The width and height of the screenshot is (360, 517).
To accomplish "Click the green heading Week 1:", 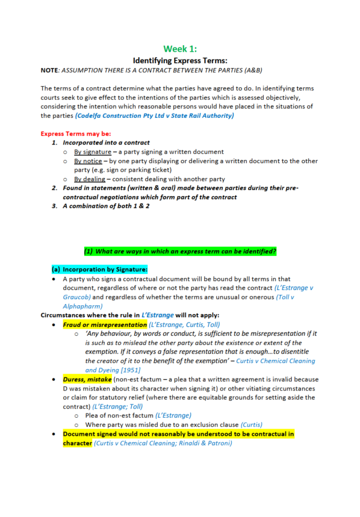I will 180,49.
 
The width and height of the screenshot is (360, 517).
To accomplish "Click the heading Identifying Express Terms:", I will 180,60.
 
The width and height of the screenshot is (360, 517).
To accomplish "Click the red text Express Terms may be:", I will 75,134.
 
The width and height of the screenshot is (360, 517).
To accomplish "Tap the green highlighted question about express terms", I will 181,250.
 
